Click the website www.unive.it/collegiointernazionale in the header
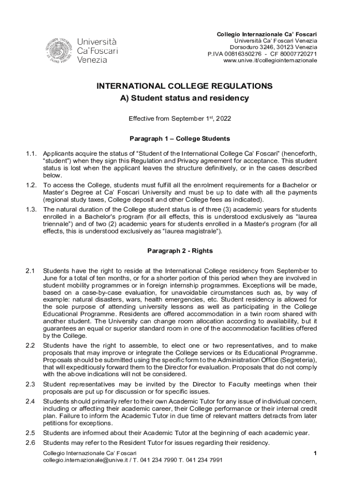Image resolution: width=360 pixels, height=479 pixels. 270,61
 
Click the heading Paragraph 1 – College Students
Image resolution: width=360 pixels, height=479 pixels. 180,139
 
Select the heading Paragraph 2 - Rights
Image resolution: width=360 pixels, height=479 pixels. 180,251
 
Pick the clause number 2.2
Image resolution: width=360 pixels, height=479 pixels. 30,345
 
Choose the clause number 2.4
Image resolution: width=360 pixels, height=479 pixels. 30,401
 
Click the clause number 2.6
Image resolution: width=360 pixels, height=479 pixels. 30,443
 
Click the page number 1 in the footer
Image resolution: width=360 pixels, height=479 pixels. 316,454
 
